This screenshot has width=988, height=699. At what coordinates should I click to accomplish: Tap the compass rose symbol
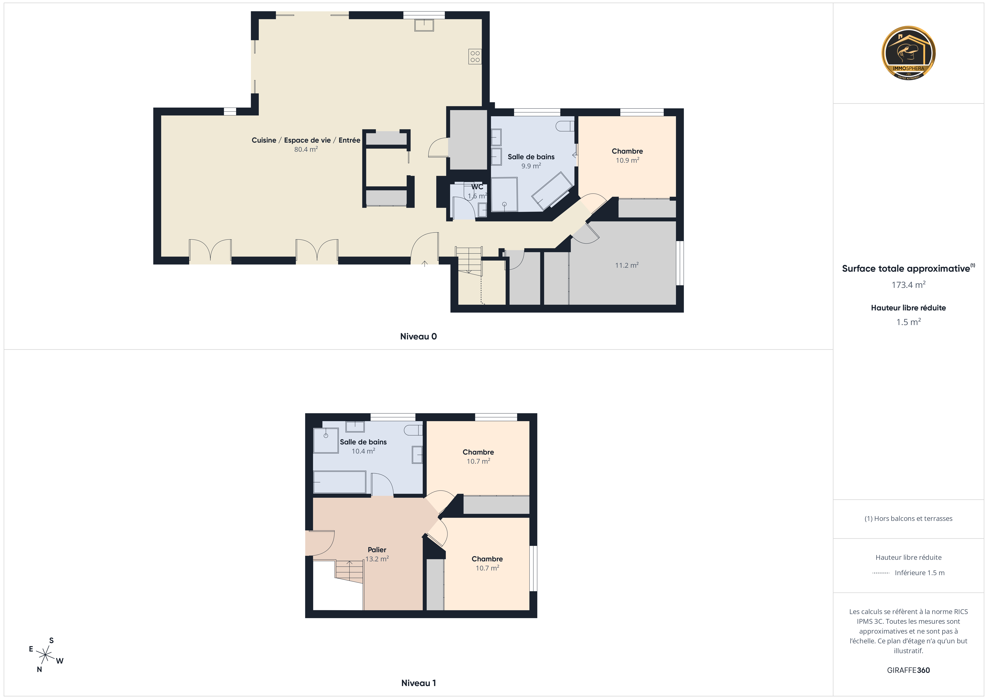(x=45, y=655)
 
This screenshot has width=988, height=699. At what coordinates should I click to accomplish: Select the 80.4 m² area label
(x=306, y=149)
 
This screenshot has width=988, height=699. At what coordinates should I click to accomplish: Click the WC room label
(x=477, y=187)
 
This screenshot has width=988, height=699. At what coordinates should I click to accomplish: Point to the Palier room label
(x=377, y=550)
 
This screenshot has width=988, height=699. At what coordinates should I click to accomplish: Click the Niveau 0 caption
(x=418, y=336)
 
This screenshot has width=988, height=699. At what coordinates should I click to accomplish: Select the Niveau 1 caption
(x=418, y=683)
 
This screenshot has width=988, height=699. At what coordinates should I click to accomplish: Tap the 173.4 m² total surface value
(x=908, y=285)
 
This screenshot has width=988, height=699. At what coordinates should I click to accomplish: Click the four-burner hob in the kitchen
(x=475, y=56)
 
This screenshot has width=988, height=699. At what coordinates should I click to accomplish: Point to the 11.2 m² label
(x=627, y=265)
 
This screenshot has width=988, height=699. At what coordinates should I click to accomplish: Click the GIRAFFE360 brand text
(x=908, y=670)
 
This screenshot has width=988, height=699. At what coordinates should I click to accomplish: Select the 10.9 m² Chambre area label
(x=627, y=160)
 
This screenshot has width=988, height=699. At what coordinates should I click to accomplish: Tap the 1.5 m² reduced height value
(x=908, y=322)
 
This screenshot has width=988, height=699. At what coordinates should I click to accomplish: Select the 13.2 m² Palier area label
(x=377, y=559)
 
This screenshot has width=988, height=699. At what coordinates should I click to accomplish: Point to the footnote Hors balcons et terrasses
(x=908, y=519)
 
